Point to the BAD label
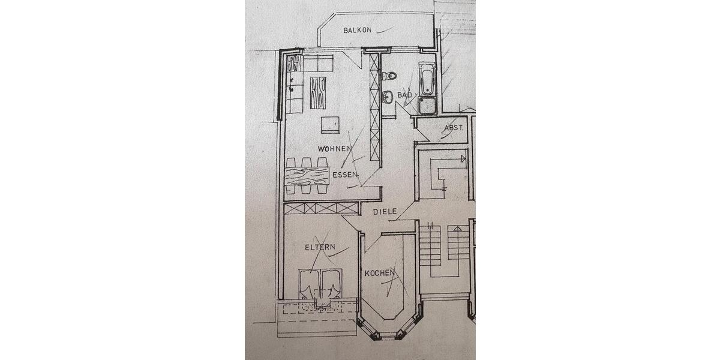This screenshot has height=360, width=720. click(x=405, y=95)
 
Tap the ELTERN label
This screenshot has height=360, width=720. click(x=319, y=247)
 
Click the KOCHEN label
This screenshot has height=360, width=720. click(x=380, y=273)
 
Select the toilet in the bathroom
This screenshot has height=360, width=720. click(x=390, y=76)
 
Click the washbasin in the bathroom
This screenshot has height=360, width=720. click(x=388, y=96)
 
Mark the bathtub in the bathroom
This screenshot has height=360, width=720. click(x=427, y=79)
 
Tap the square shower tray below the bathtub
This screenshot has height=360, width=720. click(x=427, y=106)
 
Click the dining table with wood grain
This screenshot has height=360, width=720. click(x=307, y=176)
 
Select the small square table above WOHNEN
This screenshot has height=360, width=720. click(x=330, y=124)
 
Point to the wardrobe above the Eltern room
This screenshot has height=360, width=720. click(x=321, y=208)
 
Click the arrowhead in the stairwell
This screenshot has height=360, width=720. click(x=463, y=159)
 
